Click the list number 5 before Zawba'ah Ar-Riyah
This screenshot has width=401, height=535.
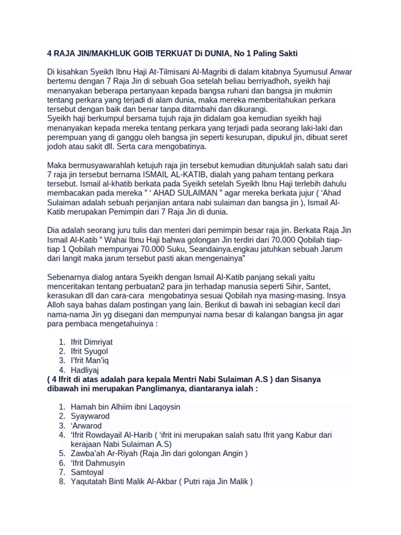point(62,453)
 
